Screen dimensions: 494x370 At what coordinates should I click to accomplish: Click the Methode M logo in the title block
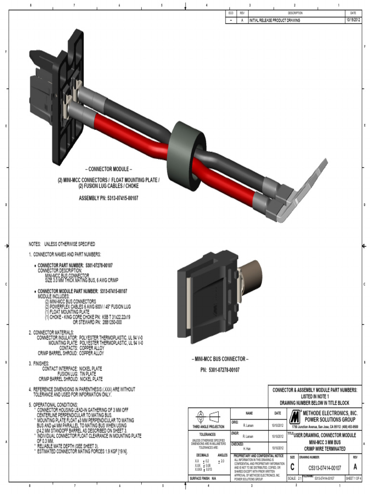pyautogui.click(x=294, y=416)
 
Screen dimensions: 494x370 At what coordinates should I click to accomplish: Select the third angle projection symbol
pyautogui.click(x=208, y=417)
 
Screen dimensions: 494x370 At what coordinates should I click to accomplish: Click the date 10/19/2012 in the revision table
pyautogui.click(x=352, y=20)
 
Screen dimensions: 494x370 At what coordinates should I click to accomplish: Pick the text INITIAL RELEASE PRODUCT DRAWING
pyautogui.click(x=274, y=21)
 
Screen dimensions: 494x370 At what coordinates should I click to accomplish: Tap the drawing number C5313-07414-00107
pyautogui.click(x=324, y=467)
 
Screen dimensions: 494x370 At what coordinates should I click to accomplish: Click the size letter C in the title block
pyautogui.click(x=292, y=467)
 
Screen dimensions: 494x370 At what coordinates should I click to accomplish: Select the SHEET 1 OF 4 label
pyautogui.click(x=353, y=479)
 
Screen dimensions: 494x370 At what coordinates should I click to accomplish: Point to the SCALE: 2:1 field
pyautogui.click(x=294, y=479)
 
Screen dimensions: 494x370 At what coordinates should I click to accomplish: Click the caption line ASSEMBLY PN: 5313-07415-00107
pyautogui.click(x=108, y=198)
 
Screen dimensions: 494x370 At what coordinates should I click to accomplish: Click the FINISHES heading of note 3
pyautogui.click(x=43, y=363)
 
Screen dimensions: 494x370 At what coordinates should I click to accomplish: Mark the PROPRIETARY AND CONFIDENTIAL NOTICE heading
pyautogui.click(x=258, y=455)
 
